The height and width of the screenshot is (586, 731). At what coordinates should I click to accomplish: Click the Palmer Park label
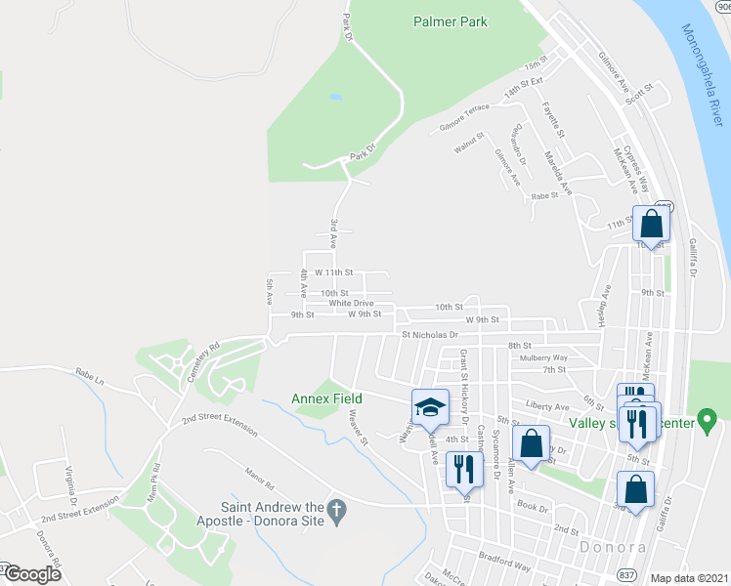click(450, 20)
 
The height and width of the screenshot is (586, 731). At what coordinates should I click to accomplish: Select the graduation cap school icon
click(429, 408)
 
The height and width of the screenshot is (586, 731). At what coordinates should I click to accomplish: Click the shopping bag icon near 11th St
click(651, 224)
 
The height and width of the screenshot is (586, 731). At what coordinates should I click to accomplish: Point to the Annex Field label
click(326, 398)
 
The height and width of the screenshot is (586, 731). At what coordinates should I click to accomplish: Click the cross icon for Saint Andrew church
click(336, 510)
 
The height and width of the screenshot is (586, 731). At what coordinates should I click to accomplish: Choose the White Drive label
click(351, 303)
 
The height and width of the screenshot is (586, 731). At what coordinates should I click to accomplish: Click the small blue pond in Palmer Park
click(336, 98)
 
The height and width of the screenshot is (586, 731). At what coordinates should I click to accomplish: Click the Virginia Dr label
click(69, 480)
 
